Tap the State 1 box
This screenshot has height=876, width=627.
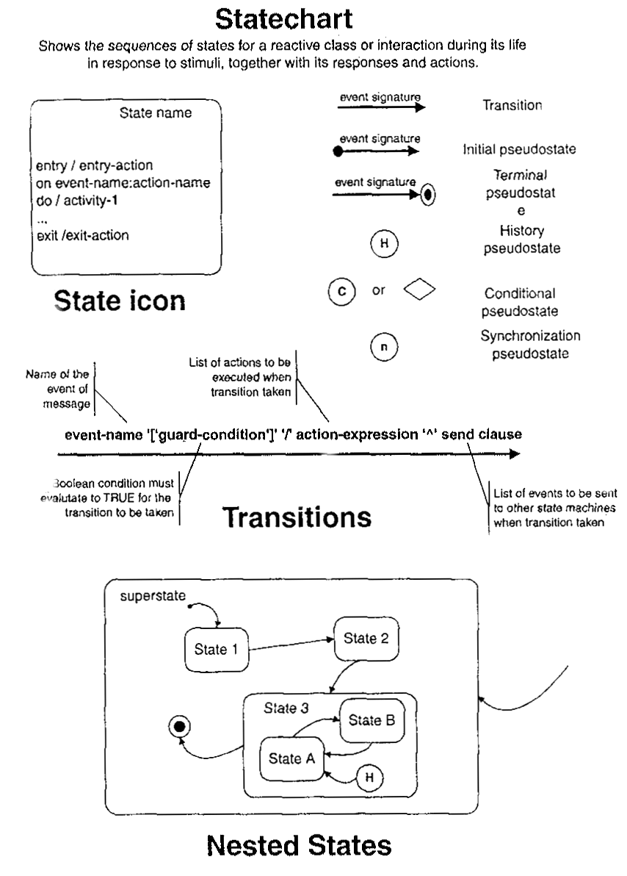(216, 649)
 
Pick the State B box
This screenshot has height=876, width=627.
(372, 719)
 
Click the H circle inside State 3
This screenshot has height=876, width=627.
(370, 776)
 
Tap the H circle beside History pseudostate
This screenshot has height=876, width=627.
(383, 243)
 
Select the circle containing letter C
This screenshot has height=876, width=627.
(341, 291)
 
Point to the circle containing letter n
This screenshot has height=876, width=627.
(383, 347)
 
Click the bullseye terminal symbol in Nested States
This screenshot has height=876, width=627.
(179, 727)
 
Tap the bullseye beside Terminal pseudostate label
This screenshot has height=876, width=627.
(430, 195)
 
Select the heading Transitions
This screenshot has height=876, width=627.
(297, 517)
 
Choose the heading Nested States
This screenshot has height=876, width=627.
(299, 846)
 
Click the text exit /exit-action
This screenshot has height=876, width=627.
(82, 236)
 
